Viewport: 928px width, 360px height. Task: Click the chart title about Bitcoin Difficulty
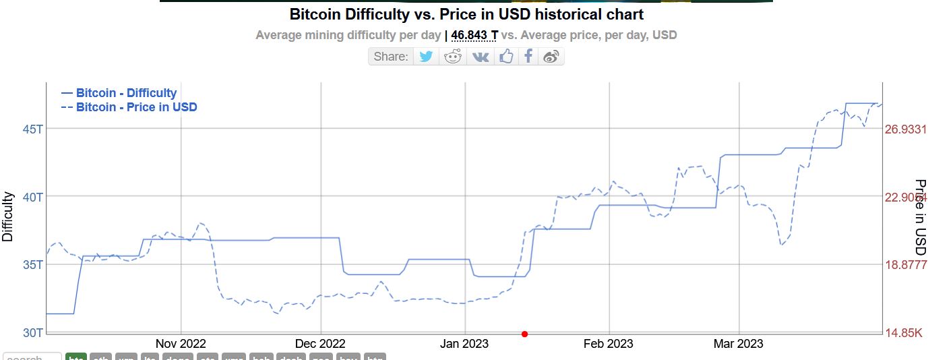coord(466,14)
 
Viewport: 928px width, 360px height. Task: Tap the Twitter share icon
coord(426,56)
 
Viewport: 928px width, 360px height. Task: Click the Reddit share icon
coord(453,56)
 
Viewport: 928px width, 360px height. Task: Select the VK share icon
coord(481,56)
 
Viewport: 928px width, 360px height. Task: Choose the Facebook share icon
coord(529,56)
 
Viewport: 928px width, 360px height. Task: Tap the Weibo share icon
coord(551,56)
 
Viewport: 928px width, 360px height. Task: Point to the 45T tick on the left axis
coord(32,128)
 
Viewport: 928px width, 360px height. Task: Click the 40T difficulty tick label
coord(32,197)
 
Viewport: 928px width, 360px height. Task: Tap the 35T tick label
coord(32,264)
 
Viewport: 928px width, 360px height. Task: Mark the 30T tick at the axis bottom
coord(32,333)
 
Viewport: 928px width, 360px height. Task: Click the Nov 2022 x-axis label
coord(181,344)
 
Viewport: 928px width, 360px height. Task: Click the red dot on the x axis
coord(524,334)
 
